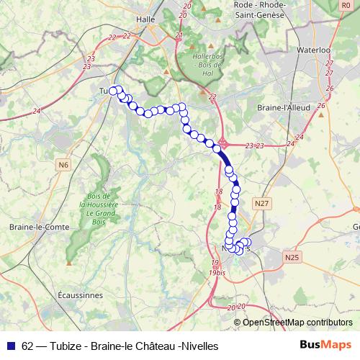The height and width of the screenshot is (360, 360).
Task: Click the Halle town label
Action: (147, 20)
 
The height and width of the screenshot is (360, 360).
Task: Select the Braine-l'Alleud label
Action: (282, 107)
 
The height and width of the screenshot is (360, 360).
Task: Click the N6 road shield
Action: (64, 165)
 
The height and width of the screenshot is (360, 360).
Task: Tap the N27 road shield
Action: (263, 204)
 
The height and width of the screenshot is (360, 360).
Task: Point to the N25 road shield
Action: (291, 256)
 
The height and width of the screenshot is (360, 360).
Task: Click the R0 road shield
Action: (346, 5)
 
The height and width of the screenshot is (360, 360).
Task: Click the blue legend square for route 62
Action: (10, 345)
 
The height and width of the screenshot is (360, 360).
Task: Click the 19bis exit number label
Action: (216, 273)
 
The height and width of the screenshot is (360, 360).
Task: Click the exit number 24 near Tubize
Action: (36, 111)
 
